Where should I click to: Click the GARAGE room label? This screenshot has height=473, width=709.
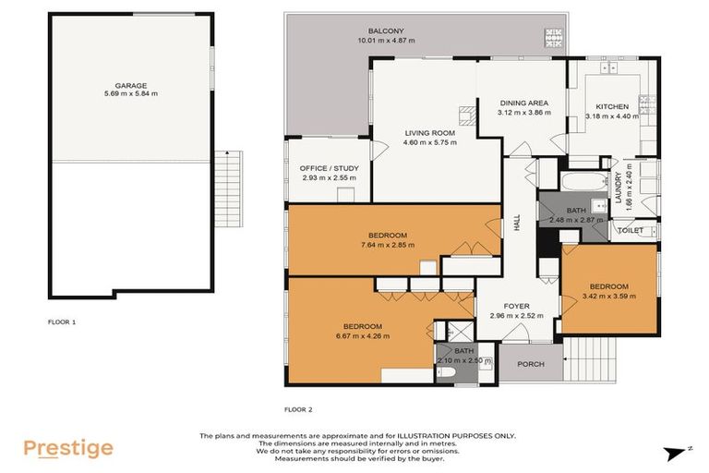point(130,84)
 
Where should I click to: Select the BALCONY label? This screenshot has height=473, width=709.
point(385,30)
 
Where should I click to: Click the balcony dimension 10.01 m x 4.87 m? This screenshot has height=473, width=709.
point(385,41)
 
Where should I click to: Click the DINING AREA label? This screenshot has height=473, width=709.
point(523,103)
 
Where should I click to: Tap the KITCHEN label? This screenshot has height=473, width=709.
point(611,106)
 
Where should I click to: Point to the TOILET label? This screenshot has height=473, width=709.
point(630,230)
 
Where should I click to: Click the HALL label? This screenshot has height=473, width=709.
point(517,224)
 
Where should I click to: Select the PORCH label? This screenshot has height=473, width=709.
point(530,364)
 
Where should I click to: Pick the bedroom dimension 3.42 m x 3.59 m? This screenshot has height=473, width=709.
point(609,296)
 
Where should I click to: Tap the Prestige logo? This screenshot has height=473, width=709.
point(68,449)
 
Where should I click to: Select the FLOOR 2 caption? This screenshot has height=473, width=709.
point(298,408)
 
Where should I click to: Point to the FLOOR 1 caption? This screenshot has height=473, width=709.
point(62,322)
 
